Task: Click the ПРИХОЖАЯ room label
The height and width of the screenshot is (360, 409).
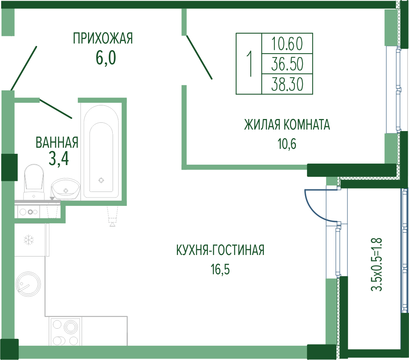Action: pyautogui.click(x=103, y=38)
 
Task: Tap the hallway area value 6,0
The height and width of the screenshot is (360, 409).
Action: pyautogui.click(x=106, y=58)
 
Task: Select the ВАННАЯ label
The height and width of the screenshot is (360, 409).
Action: pyautogui.click(x=57, y=142)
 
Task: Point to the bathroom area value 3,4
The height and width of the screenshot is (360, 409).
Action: pyautogui.click(x=59, y=159)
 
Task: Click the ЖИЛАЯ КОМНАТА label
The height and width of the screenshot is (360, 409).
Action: pyautogui.click(x=287, y=125)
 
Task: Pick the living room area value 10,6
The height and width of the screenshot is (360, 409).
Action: pyautogui.click(x=287, y=144)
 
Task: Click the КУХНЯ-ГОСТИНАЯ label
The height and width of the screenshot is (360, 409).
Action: pyautogui.click(x=220, y=250)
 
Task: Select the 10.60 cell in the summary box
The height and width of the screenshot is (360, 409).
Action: pyautogui.click(x=287, y=43)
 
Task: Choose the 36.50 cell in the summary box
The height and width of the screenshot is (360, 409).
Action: pyautogui.click(x=287, y=64)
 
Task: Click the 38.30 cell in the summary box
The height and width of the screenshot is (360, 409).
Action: pyautogui.click(x=287, y=84)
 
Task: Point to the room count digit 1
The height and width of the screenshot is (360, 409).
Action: pyautogui.click(x=249, y=64)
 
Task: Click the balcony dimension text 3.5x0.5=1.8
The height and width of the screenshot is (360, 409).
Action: pyautogui.click(x=376, y=264)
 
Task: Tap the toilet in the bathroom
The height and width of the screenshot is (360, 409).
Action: pyautogui.click(x=34, y=182)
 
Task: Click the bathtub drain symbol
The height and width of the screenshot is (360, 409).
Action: pyautogui.click(x=101, y=180)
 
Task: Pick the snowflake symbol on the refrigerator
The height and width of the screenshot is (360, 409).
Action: pyautogui.click(x=29, y=240)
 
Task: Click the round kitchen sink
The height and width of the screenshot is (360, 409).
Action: pyautogui.click(x=28, y=284)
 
